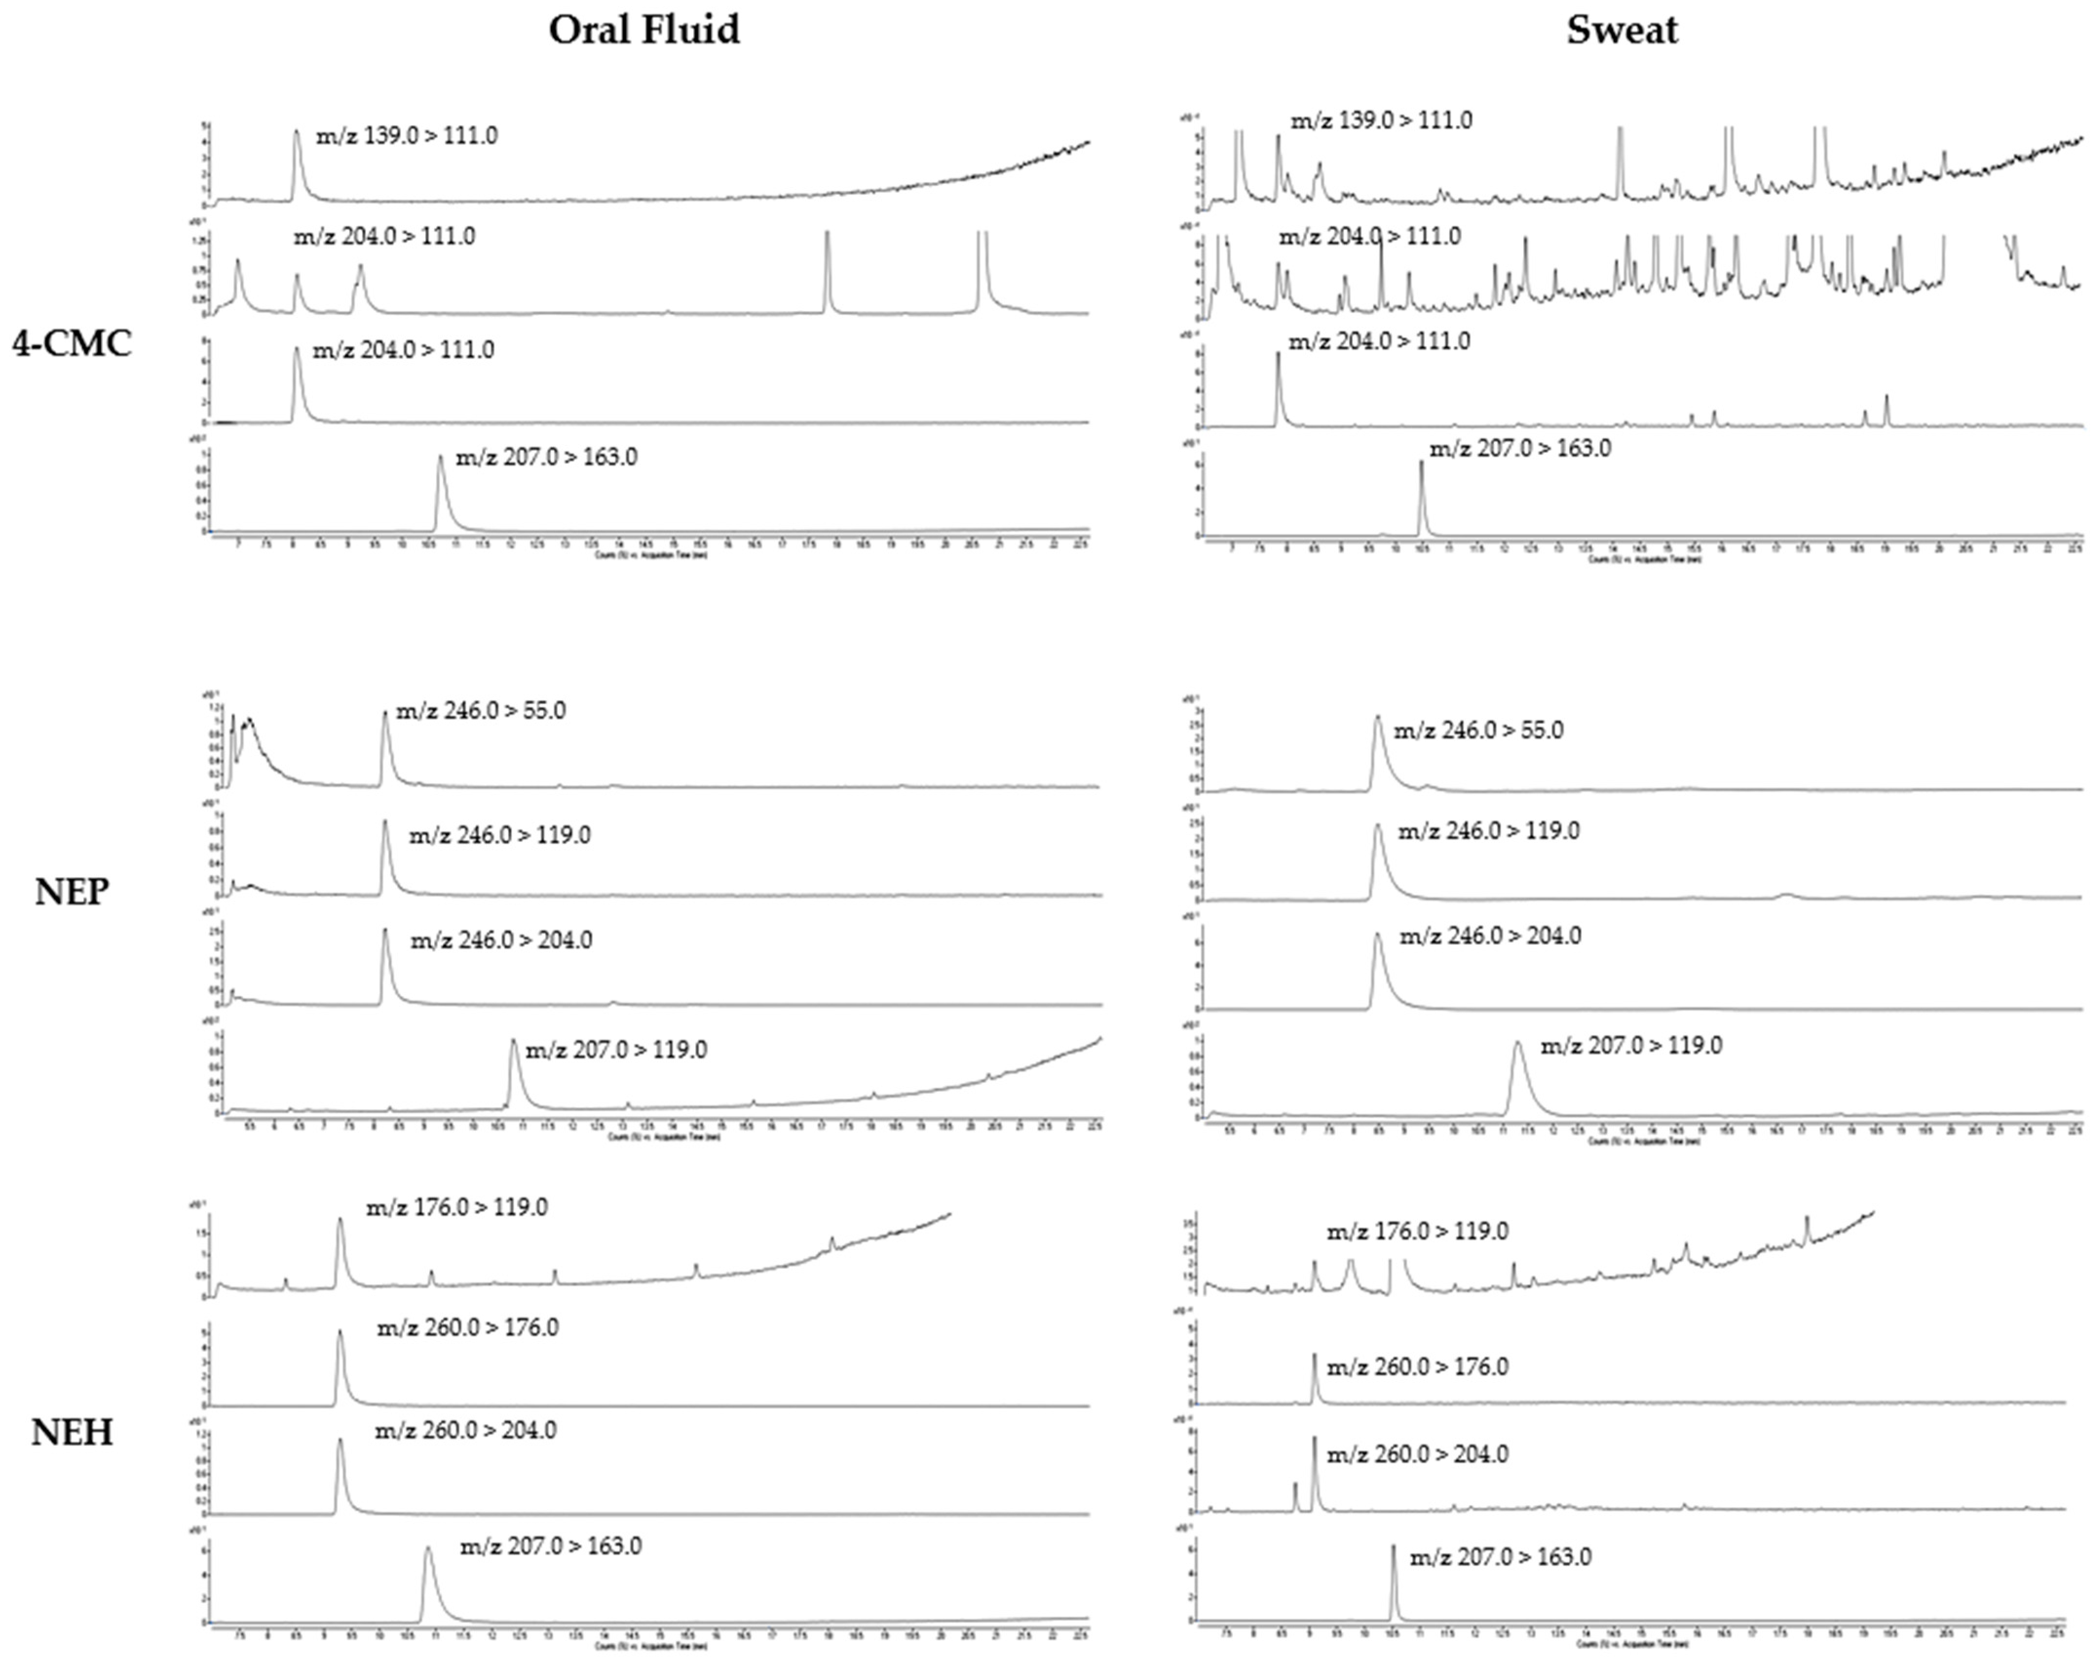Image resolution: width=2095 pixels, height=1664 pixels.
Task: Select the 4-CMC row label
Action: tap(72, 344)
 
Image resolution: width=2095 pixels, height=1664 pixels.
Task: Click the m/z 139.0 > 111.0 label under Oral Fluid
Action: tap(407, 136)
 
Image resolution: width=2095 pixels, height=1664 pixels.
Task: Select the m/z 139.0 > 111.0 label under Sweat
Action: tap(1381, 120)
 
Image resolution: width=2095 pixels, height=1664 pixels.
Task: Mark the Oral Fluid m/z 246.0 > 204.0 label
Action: tap(501, 940)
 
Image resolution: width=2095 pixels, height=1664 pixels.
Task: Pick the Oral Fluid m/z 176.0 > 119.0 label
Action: tap(457, 1207)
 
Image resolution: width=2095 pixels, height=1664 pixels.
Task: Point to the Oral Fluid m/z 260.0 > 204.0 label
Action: tap(466, 1431)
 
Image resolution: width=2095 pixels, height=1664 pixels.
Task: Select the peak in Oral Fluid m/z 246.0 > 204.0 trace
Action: tap(385, 931)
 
